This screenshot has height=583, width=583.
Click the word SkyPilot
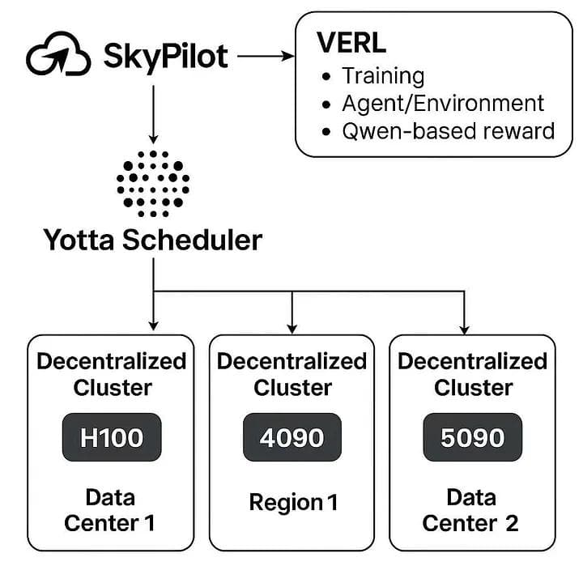(166, 57)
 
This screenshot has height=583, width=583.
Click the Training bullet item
(383, 76)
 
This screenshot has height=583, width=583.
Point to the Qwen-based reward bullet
(448, 130)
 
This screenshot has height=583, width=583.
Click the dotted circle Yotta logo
(153, 183)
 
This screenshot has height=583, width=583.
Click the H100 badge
(112, 438)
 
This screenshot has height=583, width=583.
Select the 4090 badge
(292, 438)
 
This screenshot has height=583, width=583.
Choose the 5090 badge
(473, 438)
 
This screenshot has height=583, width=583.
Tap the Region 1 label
(293, 502)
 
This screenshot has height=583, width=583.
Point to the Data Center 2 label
(470, 509)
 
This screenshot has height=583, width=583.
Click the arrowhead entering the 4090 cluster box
(292, 327)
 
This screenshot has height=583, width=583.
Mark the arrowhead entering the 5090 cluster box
(464, 327)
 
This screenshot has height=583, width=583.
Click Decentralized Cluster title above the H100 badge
(112, 374)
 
